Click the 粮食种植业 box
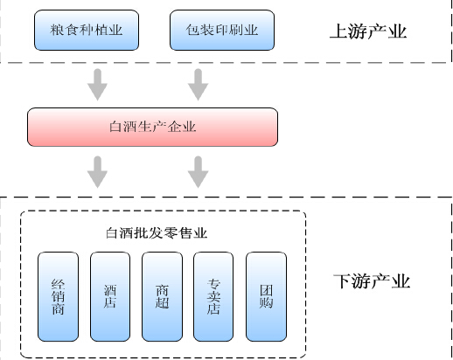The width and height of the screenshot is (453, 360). click(x=87, y=30)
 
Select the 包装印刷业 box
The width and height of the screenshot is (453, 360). click(x=222, y=30)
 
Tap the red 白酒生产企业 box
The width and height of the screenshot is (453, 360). click(x=152, y=127)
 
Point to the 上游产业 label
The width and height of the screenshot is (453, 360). click(x=368, y=31)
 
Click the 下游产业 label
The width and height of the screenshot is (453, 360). click(x=372, y=281)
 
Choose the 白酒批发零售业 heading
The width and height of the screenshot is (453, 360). click(x=157, y=233)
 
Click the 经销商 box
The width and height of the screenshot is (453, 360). click(x=59, y=296)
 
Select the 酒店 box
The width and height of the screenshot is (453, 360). click(x=110, y=296)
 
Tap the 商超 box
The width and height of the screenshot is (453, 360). click(x=162, y=296)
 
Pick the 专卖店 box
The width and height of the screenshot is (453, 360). click(x=213, y=296)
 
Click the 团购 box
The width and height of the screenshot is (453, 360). click(x=266, y=296)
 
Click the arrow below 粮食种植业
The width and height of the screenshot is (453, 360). click(x=98, y=85)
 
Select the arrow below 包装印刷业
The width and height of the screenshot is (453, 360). click(x=199, y=85)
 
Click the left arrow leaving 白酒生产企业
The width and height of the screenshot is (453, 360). click(x=98, y=172)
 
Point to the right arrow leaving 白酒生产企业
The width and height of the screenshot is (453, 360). click(x=199, y=172)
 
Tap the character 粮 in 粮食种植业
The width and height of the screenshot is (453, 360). click(x=57, y=30)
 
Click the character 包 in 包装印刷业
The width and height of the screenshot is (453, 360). click(x=192, y=30)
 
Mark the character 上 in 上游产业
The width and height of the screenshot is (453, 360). click(x=338, y=31)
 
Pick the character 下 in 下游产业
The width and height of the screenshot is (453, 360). click(x=342, y=281)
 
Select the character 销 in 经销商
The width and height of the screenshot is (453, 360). click(x=58, y=297)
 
